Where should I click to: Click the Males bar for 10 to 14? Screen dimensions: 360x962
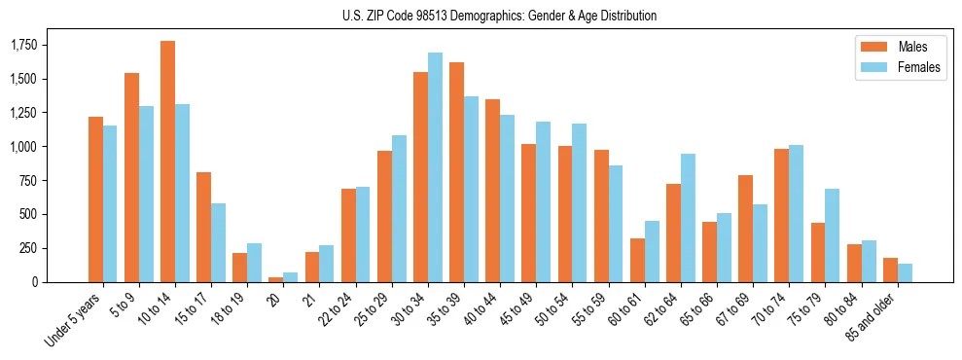(167, 162)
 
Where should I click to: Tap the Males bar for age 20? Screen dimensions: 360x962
(276, 279)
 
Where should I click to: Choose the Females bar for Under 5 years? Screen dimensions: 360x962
(110, 203)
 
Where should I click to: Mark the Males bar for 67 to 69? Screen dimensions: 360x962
(745, 229)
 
